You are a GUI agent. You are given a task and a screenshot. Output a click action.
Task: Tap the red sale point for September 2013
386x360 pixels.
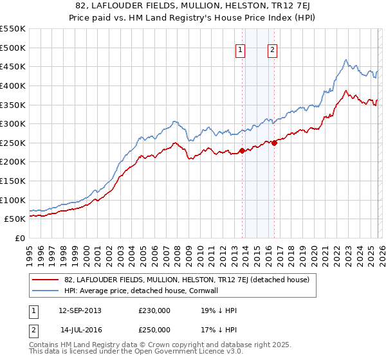pyautogui.click(x=242, y=150)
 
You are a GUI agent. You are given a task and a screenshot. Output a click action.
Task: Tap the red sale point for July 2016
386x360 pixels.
pyautogui.click(x=274, y=143)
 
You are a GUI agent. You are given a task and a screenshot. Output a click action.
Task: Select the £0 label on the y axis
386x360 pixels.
pyautogui.click(x=20, y=238)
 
